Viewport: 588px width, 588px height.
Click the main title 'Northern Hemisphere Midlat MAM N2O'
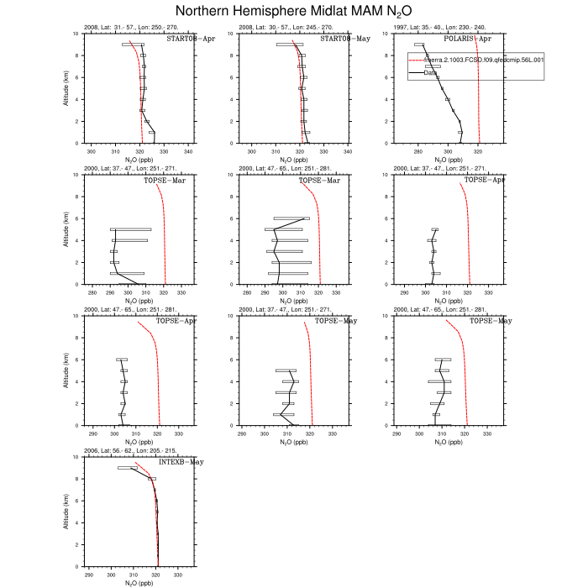[x=293, y=11]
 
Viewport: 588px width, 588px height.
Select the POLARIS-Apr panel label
[x=480, y=39]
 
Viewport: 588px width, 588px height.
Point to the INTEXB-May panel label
[x=181, y=462]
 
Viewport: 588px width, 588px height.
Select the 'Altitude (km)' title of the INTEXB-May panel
[x=67, y=512]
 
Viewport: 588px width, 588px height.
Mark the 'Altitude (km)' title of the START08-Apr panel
[x=67, y=88]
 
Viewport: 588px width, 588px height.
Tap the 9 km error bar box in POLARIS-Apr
[x=419, y=45]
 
